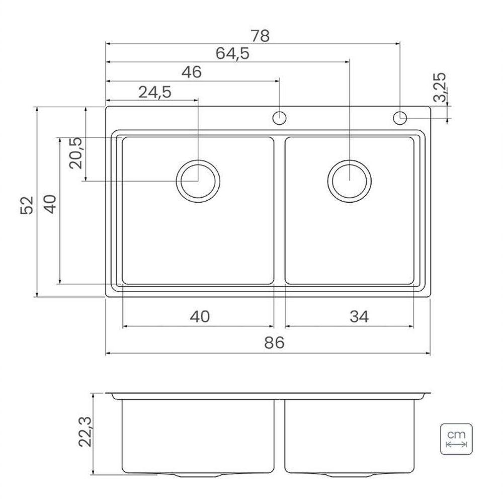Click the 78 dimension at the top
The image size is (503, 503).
coord(260,36)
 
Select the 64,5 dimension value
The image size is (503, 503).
coord(232,53)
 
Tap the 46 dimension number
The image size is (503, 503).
coord(192,72)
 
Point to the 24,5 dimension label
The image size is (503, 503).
coord(155,93)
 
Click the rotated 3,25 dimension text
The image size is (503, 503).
coord(440,87)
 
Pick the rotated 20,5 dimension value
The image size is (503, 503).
coord(76,153)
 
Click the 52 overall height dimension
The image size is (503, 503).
coord(27,205)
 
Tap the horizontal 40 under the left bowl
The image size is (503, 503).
coord(200,316)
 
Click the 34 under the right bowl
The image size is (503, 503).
coord(359,316)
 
